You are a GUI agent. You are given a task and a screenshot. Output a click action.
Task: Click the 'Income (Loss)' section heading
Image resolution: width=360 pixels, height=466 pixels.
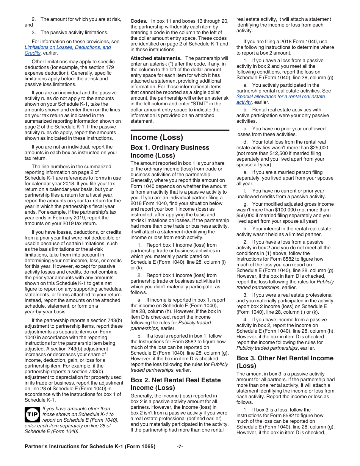[x=157, y=137]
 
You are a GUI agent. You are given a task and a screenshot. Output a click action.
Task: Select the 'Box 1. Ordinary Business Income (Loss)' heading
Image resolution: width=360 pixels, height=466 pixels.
[x=170, y=151]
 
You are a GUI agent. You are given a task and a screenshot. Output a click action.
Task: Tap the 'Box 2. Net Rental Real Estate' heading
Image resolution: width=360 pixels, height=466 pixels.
[x=175, y=383]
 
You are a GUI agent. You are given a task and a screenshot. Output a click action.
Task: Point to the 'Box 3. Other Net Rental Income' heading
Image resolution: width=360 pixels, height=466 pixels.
[x=285, y=362]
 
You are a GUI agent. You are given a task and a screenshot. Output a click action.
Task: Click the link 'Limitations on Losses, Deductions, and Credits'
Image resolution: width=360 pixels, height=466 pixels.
[x=67, y=50]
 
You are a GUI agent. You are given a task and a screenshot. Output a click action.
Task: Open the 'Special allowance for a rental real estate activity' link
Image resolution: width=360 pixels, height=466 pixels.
[x=280, y=99]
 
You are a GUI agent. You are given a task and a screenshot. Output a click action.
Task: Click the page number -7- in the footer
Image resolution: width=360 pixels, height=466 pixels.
[x=180, y=446]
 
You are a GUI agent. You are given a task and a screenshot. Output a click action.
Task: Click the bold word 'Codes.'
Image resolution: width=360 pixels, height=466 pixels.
[x=139, y=21]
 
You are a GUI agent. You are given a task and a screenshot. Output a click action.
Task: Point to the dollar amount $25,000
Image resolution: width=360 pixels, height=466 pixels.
[x=319, y=148]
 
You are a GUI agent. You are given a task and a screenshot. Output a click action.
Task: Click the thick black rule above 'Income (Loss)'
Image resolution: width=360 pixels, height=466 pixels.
[x=180, y=130]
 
